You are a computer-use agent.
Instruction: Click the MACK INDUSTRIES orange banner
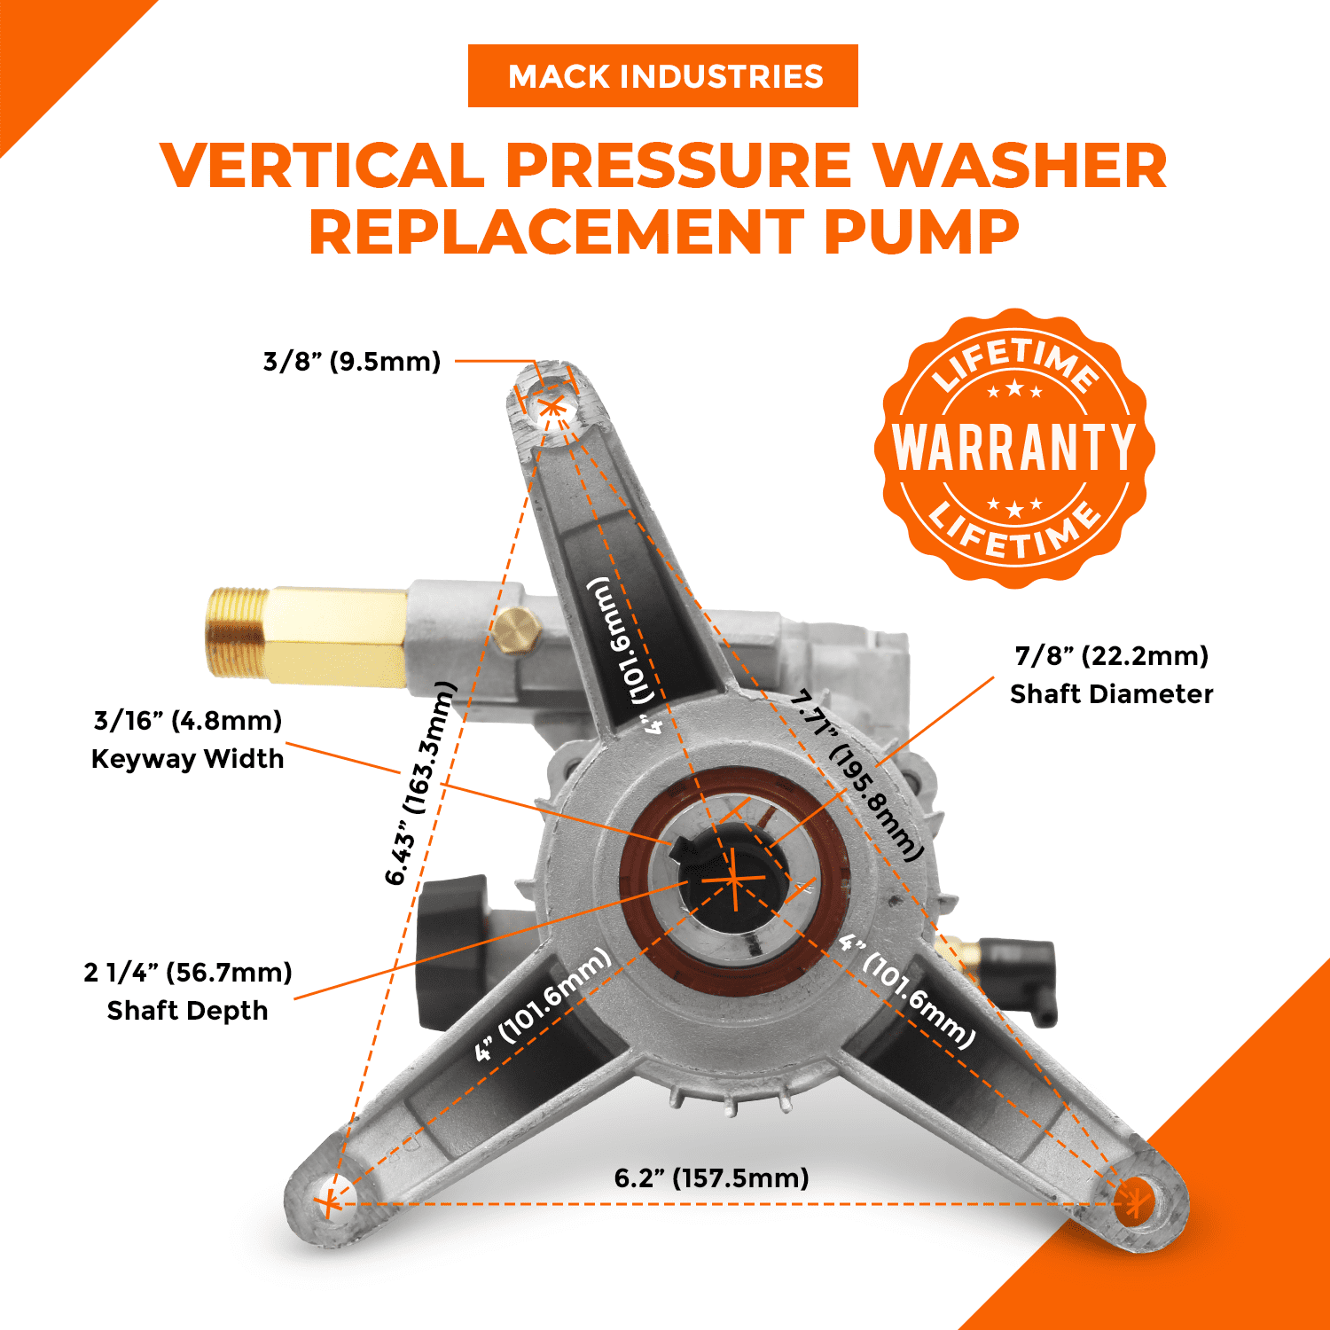point(663,76)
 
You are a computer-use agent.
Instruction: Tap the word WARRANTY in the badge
point(1013,447)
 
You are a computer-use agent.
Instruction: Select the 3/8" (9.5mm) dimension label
point(352,362)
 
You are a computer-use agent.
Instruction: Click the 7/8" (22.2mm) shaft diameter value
point(1111,656)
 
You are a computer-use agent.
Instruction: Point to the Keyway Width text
point(187,759)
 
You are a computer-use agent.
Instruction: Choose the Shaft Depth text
point(187,1011)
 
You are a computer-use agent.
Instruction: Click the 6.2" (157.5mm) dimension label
point(711,1178)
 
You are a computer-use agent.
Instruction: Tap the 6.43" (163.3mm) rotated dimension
point(420,784)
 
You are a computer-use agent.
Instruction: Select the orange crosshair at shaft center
point(734,879)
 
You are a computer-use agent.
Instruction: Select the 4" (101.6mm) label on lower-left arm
point(543,1004)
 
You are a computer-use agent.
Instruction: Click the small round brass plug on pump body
point(516,630)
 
